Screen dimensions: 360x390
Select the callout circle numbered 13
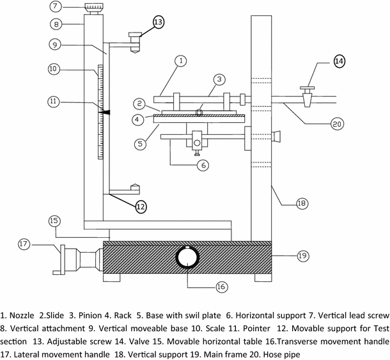click(x=158, y=22)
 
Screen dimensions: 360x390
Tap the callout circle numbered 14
click(x=339, y=62)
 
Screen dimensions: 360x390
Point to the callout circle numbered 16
click(x=221, y=286)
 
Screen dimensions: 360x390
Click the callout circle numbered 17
click(x=24, y=244)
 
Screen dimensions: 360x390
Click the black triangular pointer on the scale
click(x=104, y=111)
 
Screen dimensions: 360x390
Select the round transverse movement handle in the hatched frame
click(x=186, y=258)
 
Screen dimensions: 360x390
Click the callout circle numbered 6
click(x=201, y=164)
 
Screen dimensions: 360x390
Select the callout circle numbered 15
click(x=54, y=221)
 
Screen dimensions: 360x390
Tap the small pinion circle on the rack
click(x=198, y=111)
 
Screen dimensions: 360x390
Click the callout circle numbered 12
click(x=140, y=206)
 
